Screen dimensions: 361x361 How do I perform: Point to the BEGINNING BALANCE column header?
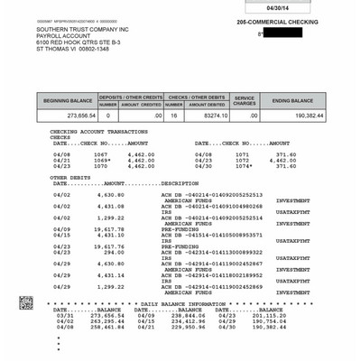[x=67, y=100]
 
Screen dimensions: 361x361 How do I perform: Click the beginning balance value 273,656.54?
[x=76, y=116]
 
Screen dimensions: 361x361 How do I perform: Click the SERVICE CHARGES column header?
[x=245, y=100]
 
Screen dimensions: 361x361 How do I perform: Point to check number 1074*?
[x=244, y=166]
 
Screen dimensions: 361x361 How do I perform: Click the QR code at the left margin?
[x=27, y=302]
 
